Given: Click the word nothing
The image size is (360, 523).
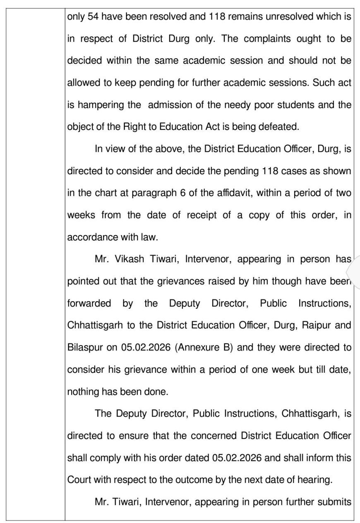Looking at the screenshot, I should coord(83,391).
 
